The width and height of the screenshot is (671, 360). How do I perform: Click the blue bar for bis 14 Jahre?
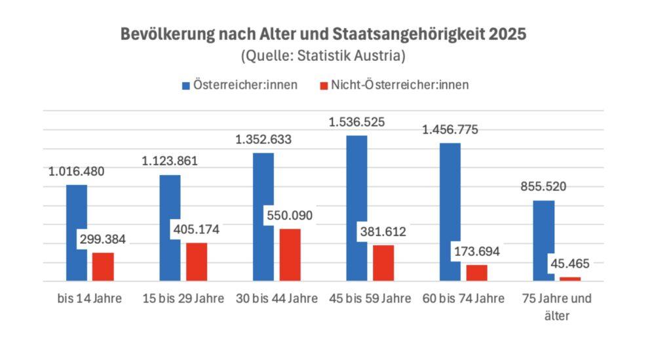coord(77,233)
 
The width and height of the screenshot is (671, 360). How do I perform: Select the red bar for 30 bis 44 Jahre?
coord(290,255)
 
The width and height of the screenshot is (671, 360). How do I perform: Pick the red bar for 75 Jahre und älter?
coord(570,279)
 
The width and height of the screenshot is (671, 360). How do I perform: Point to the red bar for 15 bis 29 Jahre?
coord(197,262)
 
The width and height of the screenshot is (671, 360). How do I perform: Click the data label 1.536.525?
coord(357,122)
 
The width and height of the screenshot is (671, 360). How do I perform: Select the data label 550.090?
coord(288,215)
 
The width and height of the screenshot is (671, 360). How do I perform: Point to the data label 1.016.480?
coord(76,172)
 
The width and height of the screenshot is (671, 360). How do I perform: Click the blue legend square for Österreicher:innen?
coord(186,85)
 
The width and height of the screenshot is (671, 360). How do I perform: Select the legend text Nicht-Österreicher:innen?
coord(400,85)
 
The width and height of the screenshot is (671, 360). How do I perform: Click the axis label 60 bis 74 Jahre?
coord(464,299)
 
